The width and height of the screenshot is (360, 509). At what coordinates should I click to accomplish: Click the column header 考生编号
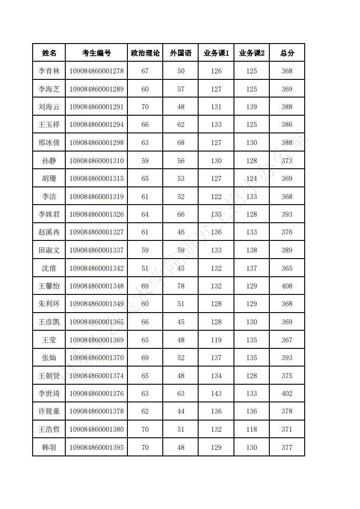point(96,53)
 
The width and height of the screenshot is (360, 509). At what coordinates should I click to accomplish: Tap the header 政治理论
point(145,53)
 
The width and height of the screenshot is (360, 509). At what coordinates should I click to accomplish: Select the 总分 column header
point(287,53)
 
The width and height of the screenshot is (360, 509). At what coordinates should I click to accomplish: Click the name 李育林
point(49,71)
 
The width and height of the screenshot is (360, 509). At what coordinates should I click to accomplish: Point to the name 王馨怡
point(49,286)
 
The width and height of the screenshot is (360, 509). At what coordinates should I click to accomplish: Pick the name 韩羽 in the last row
point(49,447)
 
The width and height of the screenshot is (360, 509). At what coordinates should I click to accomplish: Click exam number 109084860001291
point(96,107)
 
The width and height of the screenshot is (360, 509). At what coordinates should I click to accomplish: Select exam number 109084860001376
point(96,393)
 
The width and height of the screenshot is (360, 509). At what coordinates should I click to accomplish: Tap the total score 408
point(287,286)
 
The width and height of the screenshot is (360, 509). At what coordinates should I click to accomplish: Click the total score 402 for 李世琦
point(287,393)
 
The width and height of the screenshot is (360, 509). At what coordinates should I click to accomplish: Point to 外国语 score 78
point(181,286)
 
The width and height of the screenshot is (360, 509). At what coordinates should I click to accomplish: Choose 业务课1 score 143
point(216,393)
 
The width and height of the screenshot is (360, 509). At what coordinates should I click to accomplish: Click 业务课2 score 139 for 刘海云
point(252,107)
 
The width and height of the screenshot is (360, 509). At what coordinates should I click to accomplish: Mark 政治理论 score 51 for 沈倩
point(145,268)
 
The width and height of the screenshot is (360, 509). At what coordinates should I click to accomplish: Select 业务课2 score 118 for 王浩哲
point(252,429)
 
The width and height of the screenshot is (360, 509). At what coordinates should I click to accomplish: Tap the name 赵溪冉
point(49,232)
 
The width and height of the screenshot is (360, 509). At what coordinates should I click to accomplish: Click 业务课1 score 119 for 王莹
point(216,340)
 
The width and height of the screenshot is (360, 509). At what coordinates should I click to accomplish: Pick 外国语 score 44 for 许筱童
point(181,411)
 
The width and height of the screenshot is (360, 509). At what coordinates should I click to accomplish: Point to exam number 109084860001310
point(96,161)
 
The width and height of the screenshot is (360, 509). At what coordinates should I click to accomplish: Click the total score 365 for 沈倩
point(287,268)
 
